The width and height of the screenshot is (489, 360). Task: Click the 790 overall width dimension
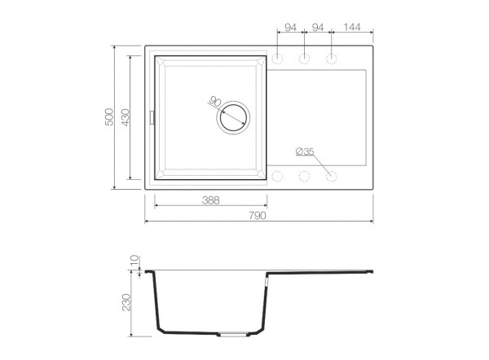(258, 215)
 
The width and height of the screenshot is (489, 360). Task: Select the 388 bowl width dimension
(211, 200)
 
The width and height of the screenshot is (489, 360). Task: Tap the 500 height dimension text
(109, 117)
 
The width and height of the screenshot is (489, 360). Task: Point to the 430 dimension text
(126, 117)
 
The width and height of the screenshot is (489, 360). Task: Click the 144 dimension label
(352, 27)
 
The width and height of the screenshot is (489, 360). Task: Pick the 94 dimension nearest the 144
(318, 28)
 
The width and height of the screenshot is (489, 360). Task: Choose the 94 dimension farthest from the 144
(290, 28)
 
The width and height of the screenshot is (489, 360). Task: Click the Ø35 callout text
(305, 151)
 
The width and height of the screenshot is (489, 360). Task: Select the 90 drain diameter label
(215, 101)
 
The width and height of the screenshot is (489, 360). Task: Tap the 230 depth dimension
(126, 302)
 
